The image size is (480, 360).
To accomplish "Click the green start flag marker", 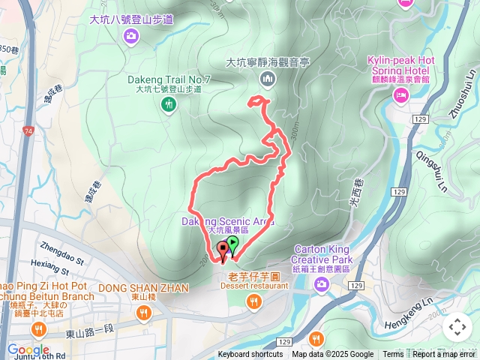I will point(233,244).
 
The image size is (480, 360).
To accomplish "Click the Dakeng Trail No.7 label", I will point(169,79).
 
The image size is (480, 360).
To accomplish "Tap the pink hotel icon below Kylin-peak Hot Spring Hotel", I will point(400,94).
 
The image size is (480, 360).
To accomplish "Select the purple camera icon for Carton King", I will point(322,283).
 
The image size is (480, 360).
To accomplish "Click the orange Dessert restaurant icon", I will point(253,301).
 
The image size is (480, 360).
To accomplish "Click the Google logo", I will point(28,349).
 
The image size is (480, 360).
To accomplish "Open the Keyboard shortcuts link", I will point(250,355).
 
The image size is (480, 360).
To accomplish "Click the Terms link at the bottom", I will point(393,355).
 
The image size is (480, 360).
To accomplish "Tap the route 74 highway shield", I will point(28,131).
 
